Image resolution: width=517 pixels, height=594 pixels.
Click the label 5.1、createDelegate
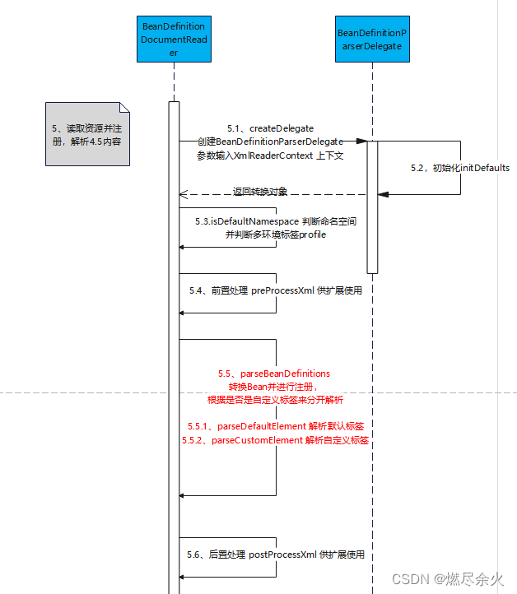point(270,128)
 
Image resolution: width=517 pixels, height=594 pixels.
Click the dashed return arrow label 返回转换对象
point(260,192)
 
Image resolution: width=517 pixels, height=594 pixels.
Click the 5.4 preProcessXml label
point(275,290)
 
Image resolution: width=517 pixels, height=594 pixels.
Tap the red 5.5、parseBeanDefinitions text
point(273,374)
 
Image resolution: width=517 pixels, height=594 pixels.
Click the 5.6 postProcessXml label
point(275,555)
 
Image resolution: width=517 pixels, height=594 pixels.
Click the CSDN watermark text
point(445,579)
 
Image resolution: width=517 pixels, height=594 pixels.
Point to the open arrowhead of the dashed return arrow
point(184,195)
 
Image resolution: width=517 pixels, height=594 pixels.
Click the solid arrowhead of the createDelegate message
point(361,142)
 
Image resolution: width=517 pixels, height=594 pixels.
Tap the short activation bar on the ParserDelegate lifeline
point(372,206)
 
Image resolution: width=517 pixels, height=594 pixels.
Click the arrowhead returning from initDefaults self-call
point(383,194)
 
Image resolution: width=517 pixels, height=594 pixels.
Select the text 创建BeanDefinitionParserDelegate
point(269,142)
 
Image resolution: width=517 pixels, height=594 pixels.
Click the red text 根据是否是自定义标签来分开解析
point(275,400)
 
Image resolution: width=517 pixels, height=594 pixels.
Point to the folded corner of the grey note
point(124,108)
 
